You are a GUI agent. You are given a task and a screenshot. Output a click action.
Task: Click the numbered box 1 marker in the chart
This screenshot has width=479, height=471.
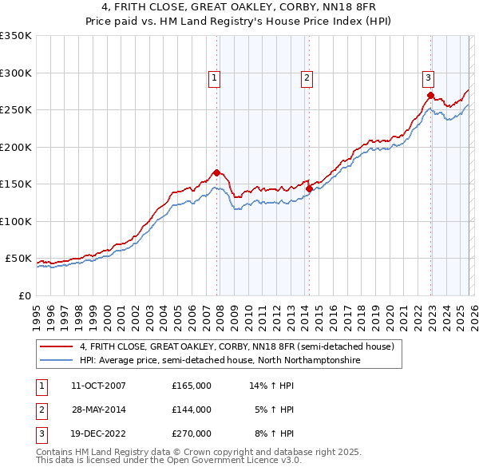pos(216,77)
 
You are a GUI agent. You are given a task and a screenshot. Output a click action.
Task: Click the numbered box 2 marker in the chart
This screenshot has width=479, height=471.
pos(307,77)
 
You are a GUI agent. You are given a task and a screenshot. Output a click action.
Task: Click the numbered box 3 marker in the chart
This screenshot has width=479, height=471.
pos(429,77)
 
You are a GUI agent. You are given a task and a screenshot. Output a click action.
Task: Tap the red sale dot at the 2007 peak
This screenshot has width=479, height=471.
pos(216,172)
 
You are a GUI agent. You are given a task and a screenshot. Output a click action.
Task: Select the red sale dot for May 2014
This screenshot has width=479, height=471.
pos(309,188)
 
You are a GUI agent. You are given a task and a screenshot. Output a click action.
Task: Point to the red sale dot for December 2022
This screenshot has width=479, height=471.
pos(430,95)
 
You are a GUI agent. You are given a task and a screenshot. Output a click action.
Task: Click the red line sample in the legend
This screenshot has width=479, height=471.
pos(55,347)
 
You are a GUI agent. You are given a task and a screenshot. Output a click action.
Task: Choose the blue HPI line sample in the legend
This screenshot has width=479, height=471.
pos(55,361)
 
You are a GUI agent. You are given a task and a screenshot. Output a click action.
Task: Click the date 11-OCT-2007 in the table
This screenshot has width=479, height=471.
pos(98,386)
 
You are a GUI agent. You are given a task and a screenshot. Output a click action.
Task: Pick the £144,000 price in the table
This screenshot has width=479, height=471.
pos(192,410)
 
